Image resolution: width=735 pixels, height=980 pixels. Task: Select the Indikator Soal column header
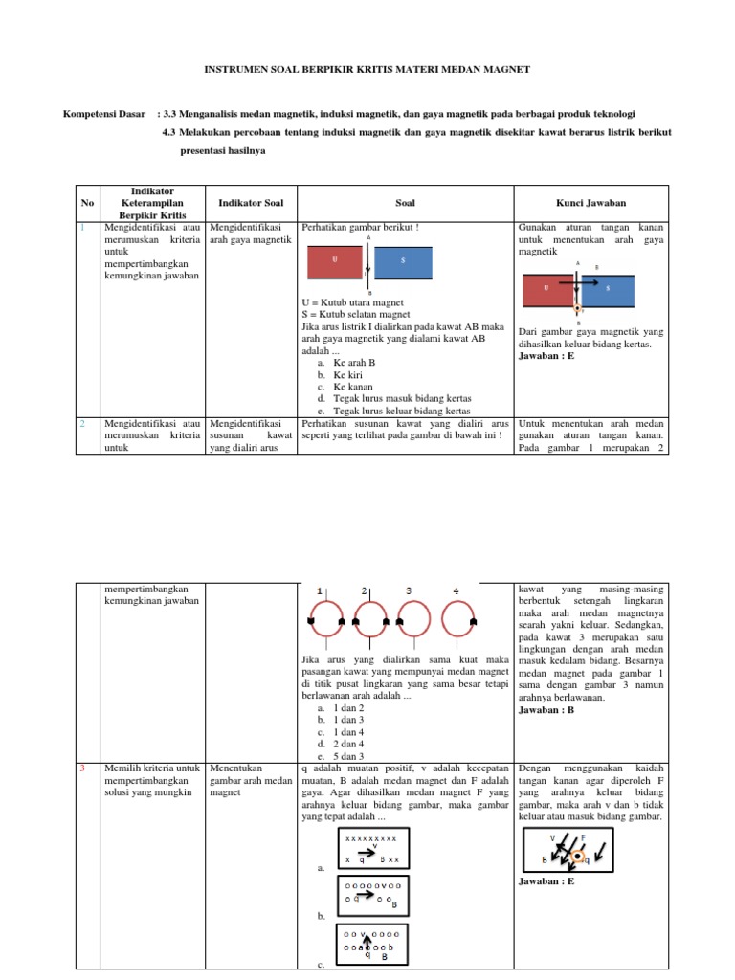[250, 203]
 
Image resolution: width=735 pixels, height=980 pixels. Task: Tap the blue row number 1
[83, 228]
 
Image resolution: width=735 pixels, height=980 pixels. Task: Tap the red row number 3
[83, 768]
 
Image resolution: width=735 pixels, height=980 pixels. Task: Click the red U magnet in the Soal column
[334, 261]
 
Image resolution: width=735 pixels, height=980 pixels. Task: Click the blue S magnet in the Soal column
[403, 261]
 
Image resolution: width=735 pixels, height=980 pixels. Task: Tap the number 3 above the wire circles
[409, 590]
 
